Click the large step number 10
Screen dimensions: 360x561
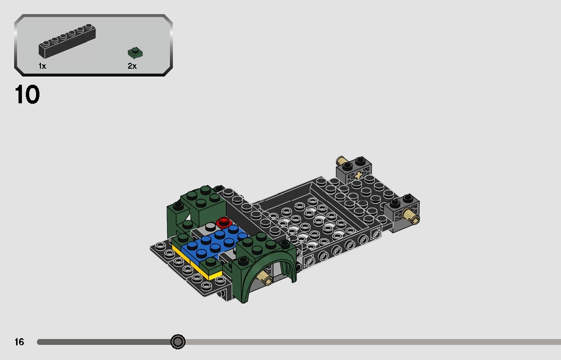click(x=27, y=95)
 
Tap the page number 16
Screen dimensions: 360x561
click(x=19, y=342)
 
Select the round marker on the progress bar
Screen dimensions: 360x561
click(x=178, y=342)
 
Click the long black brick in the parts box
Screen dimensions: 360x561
click(x=67, y=42)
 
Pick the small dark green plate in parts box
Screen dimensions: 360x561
click(x=134, y=53)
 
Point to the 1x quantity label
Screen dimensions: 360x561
click(x=42, y=66)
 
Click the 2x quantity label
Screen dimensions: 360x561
click(x=132, y=66)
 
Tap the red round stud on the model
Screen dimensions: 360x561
click(x=224, y=223)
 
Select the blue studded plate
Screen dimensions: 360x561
click(x=214, y=242)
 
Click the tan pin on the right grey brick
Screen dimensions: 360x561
click(x=413, y=217)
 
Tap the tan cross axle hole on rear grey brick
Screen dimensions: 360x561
click(x=359, y=174)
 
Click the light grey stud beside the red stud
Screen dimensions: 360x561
click(x=210, y=227)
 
